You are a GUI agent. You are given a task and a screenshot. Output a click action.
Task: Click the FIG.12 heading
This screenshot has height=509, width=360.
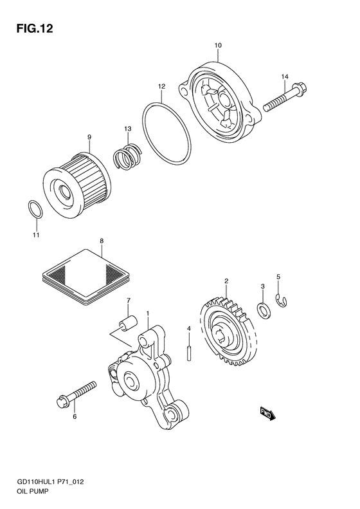[35, 29]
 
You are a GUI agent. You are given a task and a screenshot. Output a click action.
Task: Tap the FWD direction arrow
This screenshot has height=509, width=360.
[267, 414]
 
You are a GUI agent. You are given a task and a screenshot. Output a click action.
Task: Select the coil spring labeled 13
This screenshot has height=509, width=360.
[127, 156]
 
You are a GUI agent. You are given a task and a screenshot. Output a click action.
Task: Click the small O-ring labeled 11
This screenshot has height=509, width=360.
[35, 209]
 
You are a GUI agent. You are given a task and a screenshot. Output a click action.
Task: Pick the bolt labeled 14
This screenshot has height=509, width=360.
[285, 97]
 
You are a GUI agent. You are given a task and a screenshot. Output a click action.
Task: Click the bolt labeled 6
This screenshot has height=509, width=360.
[76, 394]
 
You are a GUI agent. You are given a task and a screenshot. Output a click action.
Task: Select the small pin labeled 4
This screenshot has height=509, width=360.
[189, 353]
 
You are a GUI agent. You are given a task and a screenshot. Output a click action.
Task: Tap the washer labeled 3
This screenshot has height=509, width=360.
[263, 310]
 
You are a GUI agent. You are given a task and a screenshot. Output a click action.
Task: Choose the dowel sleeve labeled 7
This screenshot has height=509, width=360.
[128, 323]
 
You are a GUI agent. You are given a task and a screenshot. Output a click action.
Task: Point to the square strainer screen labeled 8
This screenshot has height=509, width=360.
[86, 276]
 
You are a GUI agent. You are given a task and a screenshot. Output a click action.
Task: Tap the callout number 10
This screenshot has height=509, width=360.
[218, 46]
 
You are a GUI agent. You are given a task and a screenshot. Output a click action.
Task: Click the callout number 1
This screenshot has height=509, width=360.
[148, 313]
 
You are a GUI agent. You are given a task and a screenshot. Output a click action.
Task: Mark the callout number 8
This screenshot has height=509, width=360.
[102, 241]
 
